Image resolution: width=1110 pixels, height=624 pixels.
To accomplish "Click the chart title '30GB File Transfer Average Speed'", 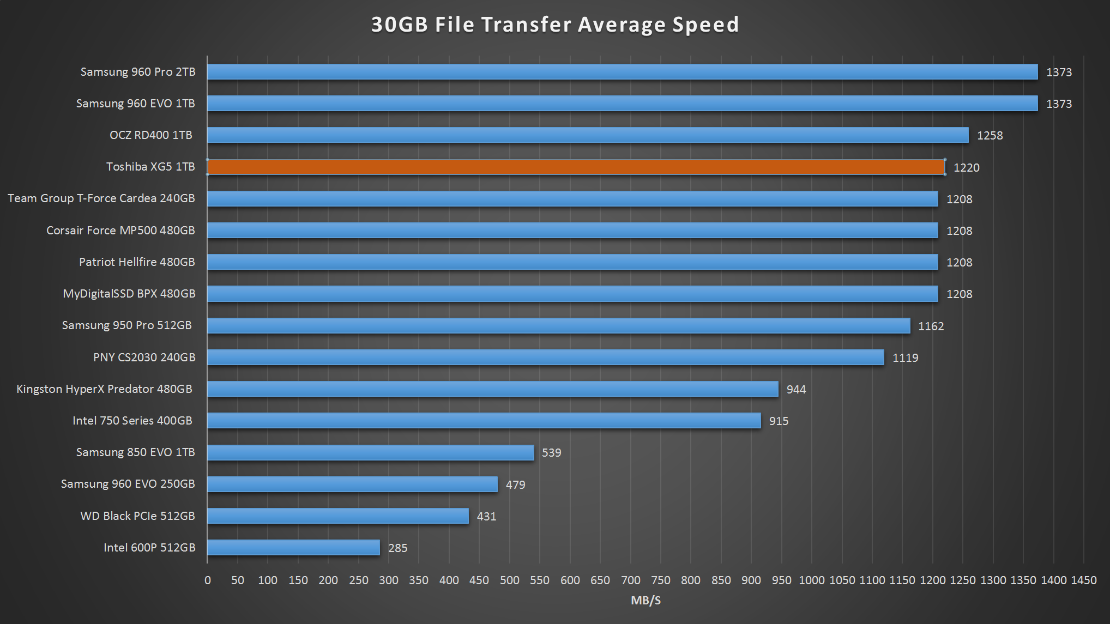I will point(554,25).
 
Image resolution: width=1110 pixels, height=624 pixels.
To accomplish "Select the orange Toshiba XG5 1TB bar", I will point(576,167).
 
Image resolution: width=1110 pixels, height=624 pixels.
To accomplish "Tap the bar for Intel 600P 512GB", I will point(293,548).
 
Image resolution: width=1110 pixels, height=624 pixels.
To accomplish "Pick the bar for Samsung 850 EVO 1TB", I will point(370,452).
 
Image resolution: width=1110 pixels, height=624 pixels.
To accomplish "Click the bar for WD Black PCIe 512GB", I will point(337,516).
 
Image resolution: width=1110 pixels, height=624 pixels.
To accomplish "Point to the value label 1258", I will point(990,136).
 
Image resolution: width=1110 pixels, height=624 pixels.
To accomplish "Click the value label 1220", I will point(966,168).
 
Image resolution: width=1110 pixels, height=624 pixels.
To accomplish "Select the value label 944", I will point(796,390).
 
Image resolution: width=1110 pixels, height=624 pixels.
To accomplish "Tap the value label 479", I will point(515,485).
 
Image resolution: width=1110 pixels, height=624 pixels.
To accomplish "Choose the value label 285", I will point(397,548).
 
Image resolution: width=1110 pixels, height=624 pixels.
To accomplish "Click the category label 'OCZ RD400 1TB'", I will point(151,135).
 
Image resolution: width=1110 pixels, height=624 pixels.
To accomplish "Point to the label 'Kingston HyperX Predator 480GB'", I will point(104,389).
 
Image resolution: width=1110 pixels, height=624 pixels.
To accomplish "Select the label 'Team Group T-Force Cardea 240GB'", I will point(101,198).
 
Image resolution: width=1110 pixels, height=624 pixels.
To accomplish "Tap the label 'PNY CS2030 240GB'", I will point(144,358).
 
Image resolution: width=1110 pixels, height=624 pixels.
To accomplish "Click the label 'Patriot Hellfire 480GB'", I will point(137,262).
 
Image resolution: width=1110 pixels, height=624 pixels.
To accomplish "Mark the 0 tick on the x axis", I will point(207,580).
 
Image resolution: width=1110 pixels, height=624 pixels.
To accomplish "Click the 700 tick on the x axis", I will point(630,580).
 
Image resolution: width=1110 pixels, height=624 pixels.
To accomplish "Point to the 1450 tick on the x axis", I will point(1083,580).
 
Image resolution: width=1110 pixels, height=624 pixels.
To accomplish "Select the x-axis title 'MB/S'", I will point(646,601).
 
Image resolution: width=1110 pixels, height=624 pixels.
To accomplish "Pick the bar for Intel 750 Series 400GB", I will point(484,421).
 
